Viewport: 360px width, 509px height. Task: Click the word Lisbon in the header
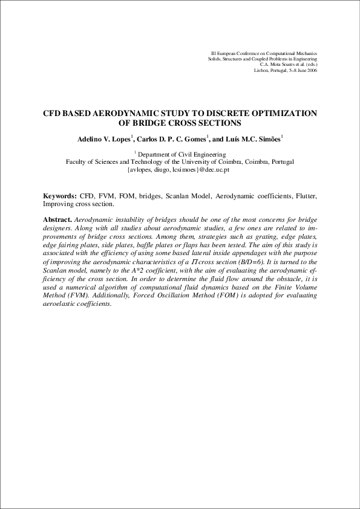pos(262,70)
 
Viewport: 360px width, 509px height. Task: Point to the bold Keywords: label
pos(59,196)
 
